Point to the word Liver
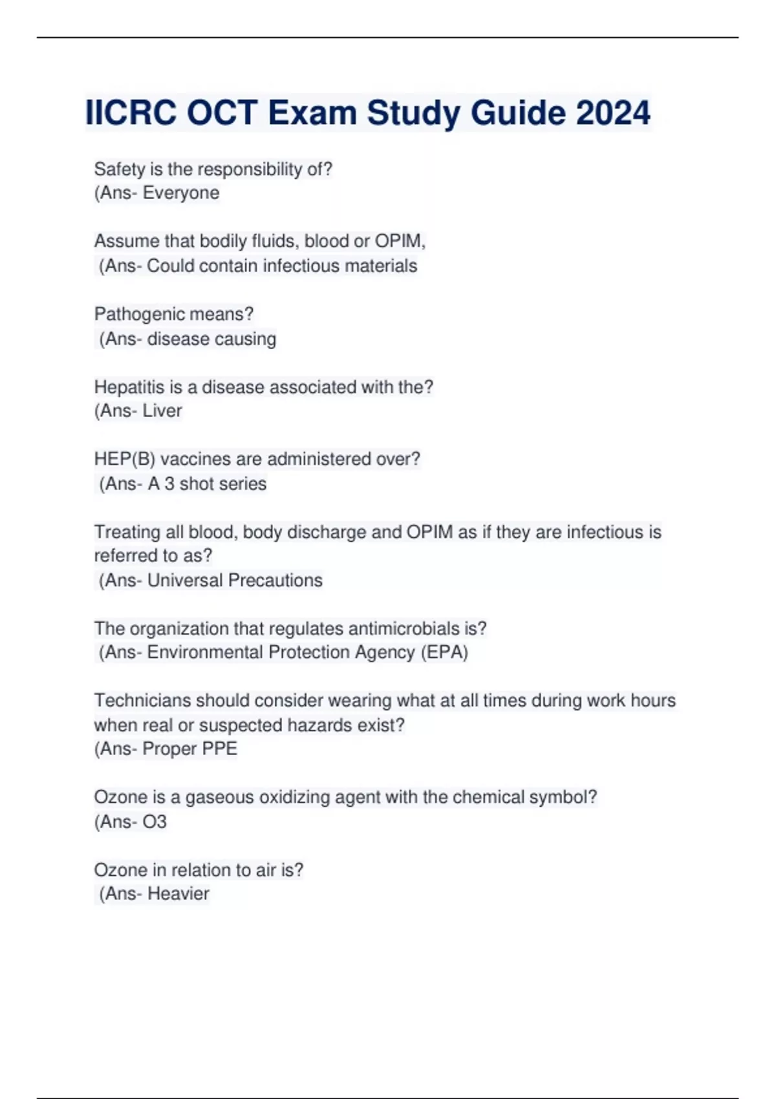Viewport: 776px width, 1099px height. [162, 411]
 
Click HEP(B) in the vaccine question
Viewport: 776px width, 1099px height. [125, 460]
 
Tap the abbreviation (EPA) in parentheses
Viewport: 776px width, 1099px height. [444, 652]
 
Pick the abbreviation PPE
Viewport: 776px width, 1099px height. [220, 749]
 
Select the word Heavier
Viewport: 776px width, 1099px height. [178, 894]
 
